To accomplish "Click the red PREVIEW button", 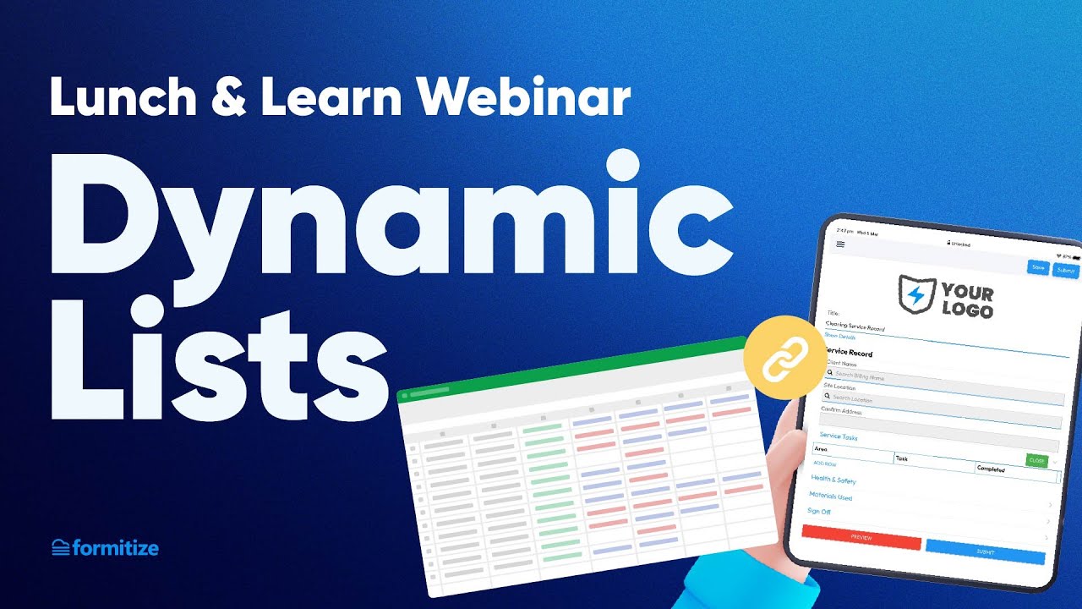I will tap(861, 537).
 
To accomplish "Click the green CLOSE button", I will tap(1036, 460).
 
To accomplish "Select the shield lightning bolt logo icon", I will tap(916, 294).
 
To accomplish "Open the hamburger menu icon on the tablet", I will tap(840, 244).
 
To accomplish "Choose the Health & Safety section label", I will tap(833, 480).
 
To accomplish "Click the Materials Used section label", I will tap(830, 497).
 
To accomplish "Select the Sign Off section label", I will tap(820, 512).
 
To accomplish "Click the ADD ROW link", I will tap(824, 464).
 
